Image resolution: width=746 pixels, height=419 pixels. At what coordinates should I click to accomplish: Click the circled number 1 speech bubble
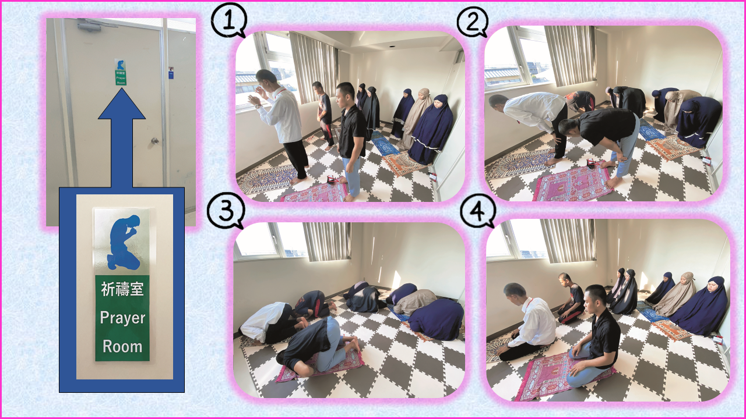point(229,20)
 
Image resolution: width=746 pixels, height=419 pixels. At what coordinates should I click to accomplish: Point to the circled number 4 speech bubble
point(478,211)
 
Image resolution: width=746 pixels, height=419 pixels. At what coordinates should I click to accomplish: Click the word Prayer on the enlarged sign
point(122,318)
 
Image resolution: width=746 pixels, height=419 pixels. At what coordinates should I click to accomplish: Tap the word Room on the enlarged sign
point(122,346)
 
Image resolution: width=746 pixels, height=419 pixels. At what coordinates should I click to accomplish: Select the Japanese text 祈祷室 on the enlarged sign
point(122,289)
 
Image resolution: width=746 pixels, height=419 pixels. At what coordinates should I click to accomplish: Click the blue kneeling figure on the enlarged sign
point(124,243)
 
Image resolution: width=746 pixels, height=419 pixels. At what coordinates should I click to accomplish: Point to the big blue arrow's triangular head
point(122,104)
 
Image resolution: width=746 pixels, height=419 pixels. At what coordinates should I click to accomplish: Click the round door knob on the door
point(155,141)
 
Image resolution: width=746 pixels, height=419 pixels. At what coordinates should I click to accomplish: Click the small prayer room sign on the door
point(121,72)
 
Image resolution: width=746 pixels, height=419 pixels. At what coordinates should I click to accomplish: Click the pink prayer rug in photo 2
point(573,183)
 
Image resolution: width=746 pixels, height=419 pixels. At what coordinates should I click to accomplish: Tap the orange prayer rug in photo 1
point(404,163)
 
